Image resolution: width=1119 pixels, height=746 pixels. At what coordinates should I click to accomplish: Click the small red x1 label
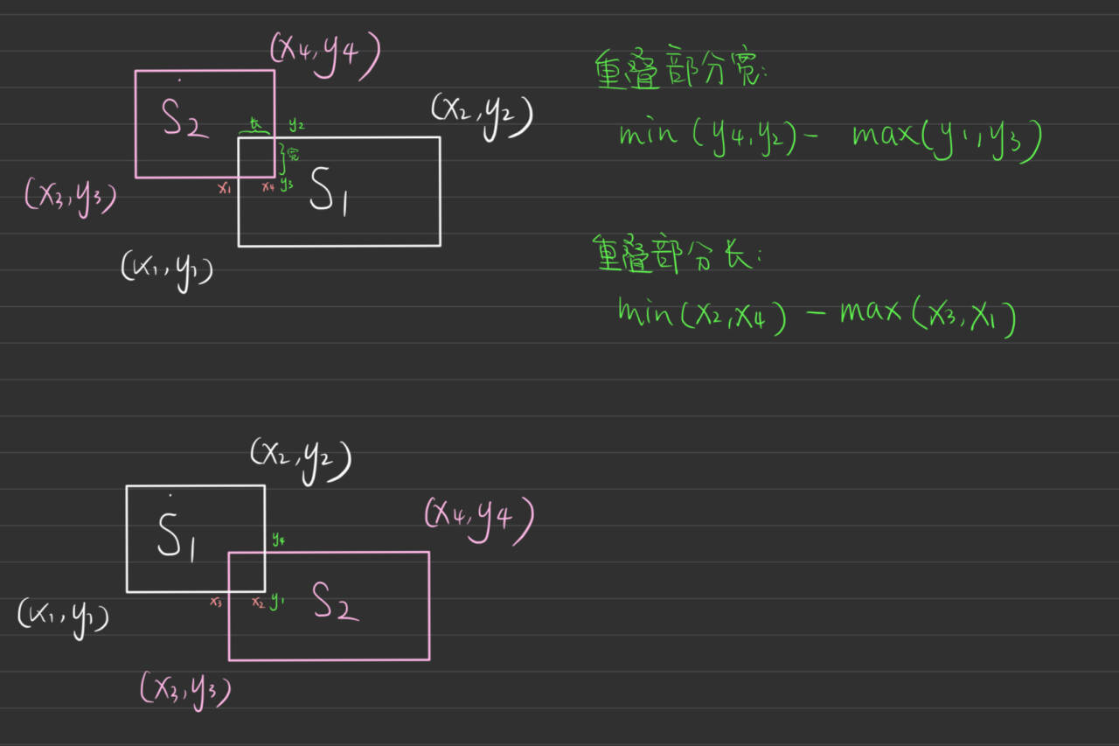click(225, 187)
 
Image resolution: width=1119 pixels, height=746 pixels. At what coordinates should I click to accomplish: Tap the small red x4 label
click(268, 187)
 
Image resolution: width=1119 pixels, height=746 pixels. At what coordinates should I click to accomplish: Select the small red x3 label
click(216, 602)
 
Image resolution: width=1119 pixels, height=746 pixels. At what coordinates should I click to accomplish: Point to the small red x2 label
click(258, 603)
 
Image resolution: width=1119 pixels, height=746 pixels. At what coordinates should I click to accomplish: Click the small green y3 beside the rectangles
click(287, 186)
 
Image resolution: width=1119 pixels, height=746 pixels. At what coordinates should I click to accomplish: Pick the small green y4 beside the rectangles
click(277, 540)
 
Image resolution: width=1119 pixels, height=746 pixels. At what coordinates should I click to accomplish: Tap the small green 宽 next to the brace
click(293, 155)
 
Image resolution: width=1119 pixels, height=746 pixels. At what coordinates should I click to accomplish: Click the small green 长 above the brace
click(255, 125)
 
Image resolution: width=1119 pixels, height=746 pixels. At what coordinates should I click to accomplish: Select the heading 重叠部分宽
click(679, 70)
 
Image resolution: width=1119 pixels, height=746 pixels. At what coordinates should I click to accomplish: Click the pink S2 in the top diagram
click(184, 120)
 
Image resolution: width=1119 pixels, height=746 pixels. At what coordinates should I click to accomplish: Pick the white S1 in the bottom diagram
click(175, 535)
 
